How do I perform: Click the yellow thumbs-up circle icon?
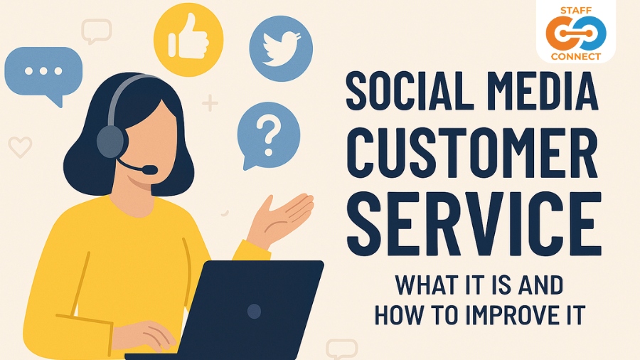click(188, 40)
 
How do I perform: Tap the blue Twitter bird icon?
click(281, 48)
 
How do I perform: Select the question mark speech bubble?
click(268, 135)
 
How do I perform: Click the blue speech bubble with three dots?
click(43, 73)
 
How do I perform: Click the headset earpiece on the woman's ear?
click(111, 141)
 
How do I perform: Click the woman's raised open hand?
click(281, 218)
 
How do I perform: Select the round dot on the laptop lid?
click(254, 312)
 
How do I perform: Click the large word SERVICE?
click(474, 223)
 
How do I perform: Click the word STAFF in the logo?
click(576, 11)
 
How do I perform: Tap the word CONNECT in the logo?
click(576, 56)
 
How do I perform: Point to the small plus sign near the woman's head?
click(210, 103)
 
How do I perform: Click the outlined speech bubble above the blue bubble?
click(96, 31)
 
